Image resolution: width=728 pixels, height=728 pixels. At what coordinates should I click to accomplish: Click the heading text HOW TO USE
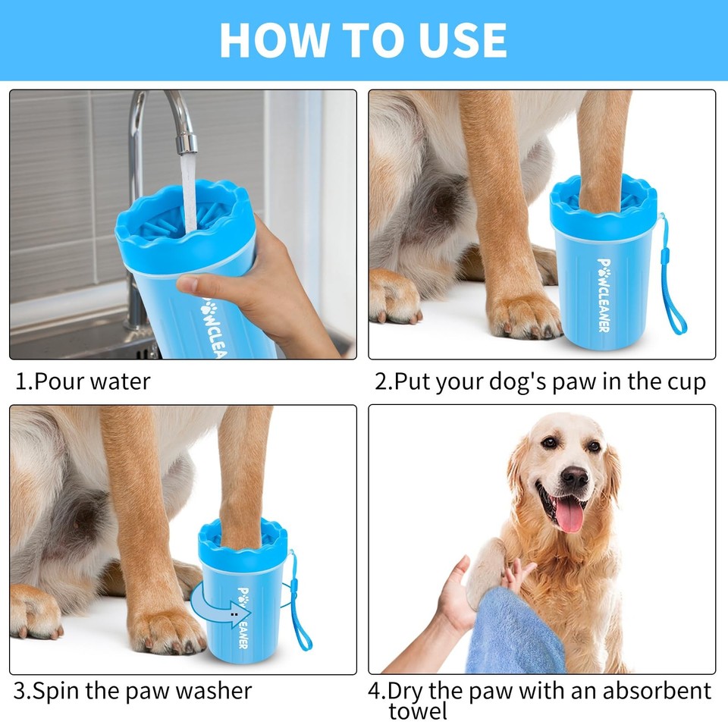point(363,40)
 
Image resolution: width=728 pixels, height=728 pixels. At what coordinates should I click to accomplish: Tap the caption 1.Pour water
point(83,381)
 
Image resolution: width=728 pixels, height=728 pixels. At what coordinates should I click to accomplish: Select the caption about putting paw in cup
point(540,381)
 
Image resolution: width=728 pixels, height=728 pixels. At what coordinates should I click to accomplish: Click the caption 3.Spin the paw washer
point(133,691)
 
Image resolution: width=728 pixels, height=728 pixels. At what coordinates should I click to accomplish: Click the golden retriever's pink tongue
point(568,513)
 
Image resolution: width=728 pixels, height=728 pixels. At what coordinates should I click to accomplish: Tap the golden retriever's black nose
point(574,477)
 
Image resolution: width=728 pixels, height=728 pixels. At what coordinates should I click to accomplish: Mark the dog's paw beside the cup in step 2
point(523,315)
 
